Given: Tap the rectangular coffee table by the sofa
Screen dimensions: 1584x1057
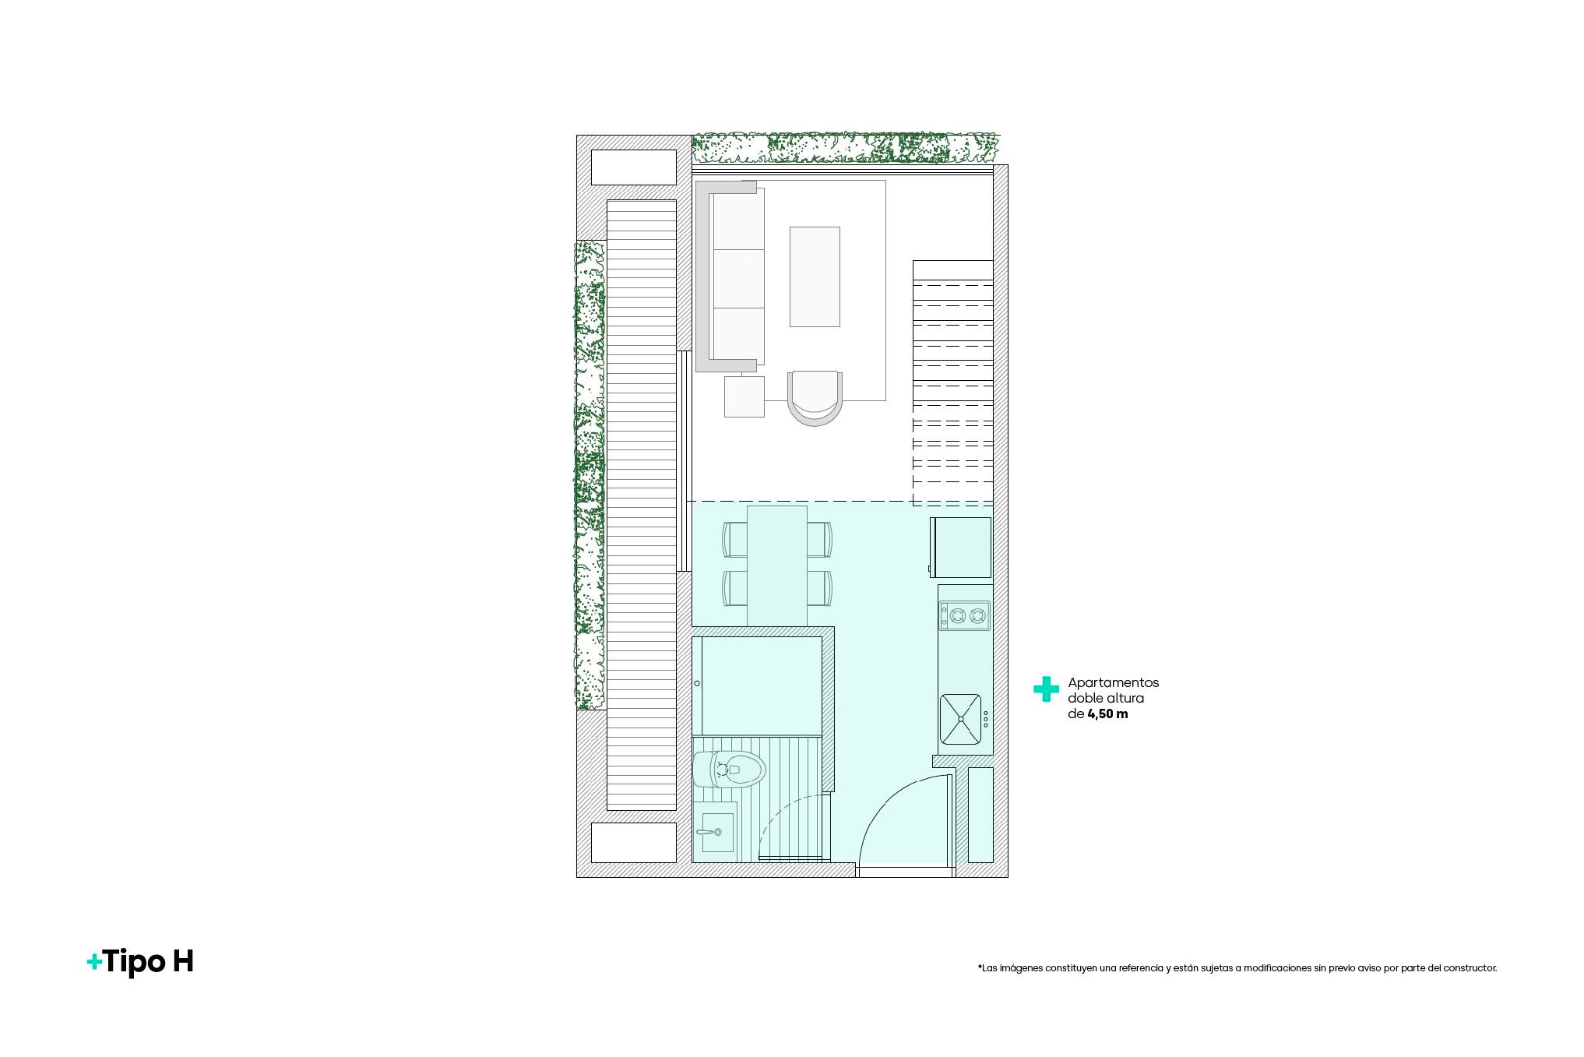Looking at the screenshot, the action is click(815, 277).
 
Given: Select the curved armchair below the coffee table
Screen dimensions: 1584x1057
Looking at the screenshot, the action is click(815, 397).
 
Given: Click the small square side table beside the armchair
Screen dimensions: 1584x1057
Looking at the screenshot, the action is click(744, 396).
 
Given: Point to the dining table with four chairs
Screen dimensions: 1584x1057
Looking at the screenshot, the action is click(777, 565).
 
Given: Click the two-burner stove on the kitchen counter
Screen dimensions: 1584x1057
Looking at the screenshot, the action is click(965, 615).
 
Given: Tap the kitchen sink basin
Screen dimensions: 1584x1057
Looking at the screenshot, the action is click(961, 718).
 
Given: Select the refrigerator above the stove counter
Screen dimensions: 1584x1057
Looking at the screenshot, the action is click(960, 548).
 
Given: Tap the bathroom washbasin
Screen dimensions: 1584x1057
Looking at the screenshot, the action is click(715, 832).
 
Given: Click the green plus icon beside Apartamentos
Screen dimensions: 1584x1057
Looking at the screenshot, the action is click(1046, 689).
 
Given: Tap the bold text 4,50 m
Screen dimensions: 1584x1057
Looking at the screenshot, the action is click(1107, 713).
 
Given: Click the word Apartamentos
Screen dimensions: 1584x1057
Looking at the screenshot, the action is click(1113, 682).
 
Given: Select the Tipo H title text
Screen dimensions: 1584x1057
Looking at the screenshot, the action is click(140, 961).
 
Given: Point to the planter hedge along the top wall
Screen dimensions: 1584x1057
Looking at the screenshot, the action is click(846, 148).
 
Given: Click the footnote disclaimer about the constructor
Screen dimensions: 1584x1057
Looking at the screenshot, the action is click(1237, 968).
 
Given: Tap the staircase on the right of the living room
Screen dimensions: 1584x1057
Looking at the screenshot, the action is click(953, 383).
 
